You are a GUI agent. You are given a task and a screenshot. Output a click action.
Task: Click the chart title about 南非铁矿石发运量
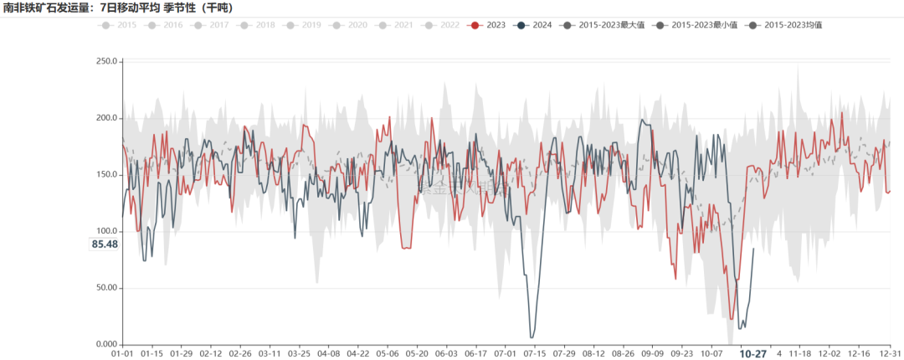(118, 8)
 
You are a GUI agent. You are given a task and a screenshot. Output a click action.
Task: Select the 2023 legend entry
(488, 25)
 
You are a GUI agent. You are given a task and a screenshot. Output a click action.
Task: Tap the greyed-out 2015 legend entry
(118, 25)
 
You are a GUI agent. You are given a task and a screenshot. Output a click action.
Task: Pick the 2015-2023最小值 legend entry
(691, 25)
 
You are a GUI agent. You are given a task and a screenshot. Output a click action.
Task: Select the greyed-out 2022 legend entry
(442, 25)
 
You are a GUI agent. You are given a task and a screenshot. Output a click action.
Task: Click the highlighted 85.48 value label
(104, 244)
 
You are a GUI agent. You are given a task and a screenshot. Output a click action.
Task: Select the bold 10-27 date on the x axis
(752, 354)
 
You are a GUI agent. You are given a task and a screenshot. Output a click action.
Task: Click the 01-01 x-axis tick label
(123, 354)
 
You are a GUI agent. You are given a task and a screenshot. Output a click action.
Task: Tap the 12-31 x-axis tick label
(890, 354)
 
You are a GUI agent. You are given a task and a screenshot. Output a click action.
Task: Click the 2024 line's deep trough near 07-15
(532, 337)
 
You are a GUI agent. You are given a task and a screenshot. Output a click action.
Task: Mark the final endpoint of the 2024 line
(753, 249)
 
